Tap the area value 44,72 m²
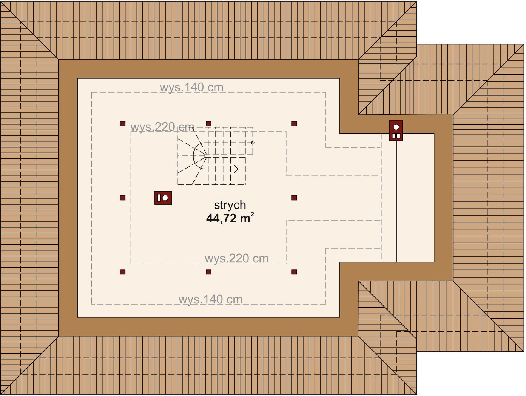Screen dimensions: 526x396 coord(230,218)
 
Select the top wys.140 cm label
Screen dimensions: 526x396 coord(191,87)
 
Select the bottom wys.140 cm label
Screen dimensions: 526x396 coord(210,299)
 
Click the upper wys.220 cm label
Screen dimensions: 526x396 coord(162,127)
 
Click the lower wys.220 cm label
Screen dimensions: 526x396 coord(236,258)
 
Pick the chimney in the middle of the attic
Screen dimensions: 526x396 coord(163,198)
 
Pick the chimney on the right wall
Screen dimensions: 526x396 coord(396,131)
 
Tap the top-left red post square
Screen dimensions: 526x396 coord(123,124)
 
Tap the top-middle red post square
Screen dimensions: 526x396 coord(208,124)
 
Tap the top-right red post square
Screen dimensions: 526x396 coord(294,124)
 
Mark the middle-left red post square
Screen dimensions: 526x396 coord(123,198)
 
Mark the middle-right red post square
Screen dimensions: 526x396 coord(294,198)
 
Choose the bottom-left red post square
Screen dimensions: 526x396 coord(123,272)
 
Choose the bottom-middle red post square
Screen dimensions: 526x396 coord(208,272)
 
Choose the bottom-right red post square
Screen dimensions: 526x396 coord(294,272)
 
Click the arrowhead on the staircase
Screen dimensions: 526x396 coord(236,169)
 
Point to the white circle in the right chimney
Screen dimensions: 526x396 coord(396,127)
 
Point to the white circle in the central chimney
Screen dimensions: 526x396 coord(165,198)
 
